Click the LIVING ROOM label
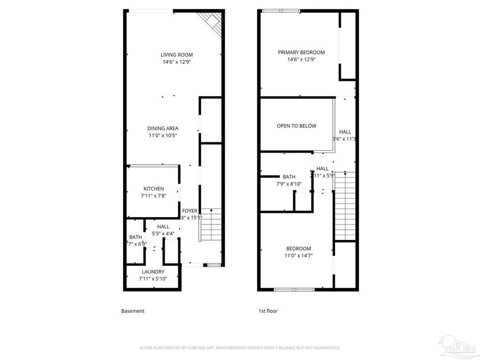pos(177,54)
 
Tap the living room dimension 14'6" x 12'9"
pos(177,62)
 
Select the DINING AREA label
pos(163,128)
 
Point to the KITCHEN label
pos(153,189)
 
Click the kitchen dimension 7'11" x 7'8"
pos(153,196)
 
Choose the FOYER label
pos(189,210)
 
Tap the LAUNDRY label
pos(153,271)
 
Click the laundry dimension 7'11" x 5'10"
pos(153,278)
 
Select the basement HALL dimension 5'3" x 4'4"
pos(163,233)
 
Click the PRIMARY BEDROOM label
pos(301,52)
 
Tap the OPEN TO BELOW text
pos(296,126)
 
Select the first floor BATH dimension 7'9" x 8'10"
pos(289,184)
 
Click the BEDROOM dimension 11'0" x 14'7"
pos(298,255)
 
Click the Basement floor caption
pos(133,311)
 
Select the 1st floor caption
pos(268,311)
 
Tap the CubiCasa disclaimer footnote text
pos(239,348)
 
